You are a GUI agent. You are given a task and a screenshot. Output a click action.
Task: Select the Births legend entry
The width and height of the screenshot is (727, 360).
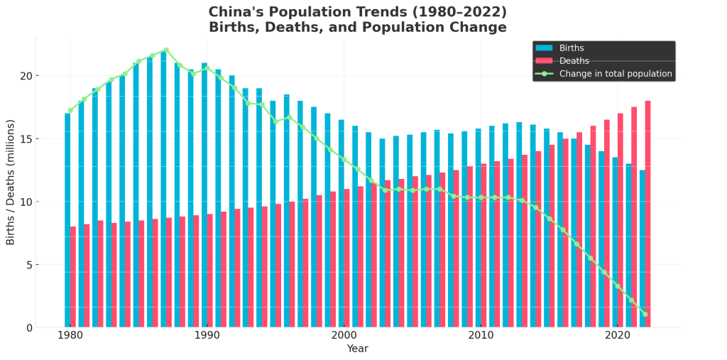pyautogui.click(x=572, y=48)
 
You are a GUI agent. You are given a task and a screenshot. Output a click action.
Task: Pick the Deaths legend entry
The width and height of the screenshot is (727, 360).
pyautogui.click(x=574, y=61)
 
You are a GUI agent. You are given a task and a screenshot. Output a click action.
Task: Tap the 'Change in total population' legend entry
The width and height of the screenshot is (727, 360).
pyautogui.click(x=615, y=74)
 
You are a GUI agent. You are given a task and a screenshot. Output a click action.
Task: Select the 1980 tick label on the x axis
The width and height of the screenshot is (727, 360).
pyautogui.click(x=70, y=335)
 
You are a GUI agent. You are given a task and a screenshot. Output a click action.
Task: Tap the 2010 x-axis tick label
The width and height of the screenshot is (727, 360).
pyautogui.click(x=481, y=335)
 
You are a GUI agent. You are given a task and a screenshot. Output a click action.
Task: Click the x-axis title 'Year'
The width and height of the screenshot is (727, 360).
pyautogui.click(x=358, y=349)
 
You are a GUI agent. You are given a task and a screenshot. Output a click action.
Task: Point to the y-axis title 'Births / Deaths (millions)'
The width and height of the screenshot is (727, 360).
pyautogui.click(x=11, y=182)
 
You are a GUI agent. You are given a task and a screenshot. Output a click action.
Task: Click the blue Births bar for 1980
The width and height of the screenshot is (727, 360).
pyautogui.click(x=67, y=220)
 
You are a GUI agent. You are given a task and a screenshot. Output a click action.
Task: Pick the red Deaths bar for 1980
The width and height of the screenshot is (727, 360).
pyautogui.click(x=73, y=277)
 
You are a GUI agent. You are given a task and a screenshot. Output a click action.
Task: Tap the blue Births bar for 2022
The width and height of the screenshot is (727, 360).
pyautogui.click(x=642, y=249)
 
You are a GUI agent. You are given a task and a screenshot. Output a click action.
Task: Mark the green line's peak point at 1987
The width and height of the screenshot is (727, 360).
pyautogui.click(x=165, y=50)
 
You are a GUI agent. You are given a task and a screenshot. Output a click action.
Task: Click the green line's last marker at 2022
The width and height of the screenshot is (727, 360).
pyautogui.click(x=645, y=314)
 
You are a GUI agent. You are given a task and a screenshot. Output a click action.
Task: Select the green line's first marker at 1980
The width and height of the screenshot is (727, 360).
pyautogui.click(x=70, y=110)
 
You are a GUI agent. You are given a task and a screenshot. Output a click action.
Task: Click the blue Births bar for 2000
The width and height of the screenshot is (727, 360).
pyautogui.click(x=341, y=224)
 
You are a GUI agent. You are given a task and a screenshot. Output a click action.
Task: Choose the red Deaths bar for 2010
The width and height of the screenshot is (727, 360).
pyautogui.click(x=483, y=246)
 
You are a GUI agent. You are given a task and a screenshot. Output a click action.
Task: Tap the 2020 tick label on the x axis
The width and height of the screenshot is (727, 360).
pyautogui.click(x=618, y=335)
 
